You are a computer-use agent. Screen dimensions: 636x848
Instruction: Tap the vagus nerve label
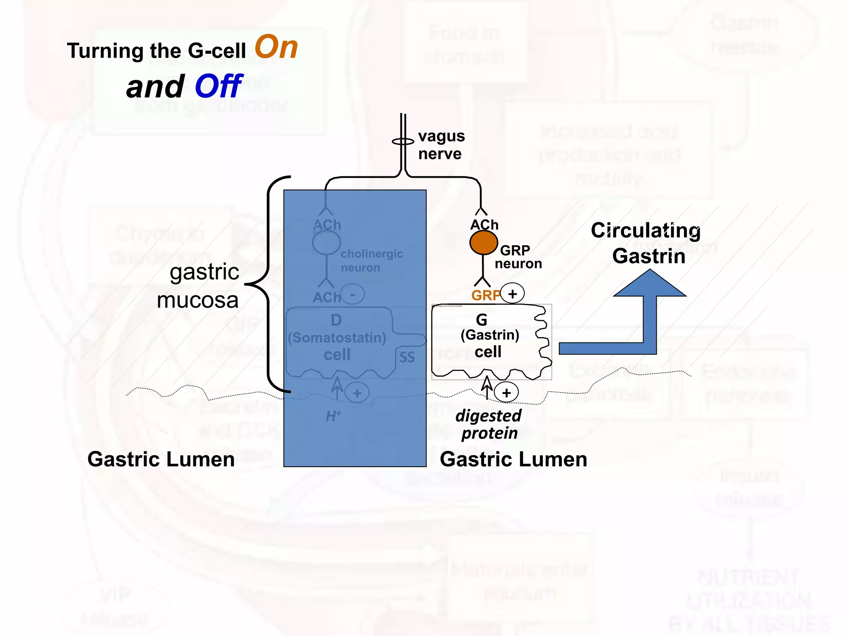click(x=441, y=145)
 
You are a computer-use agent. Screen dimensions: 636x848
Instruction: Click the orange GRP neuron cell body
click(x=483, y=242)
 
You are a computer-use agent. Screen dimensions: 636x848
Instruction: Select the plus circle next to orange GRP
click(x=513, y=294)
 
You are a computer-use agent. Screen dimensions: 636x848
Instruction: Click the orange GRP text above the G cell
click(x=486, y=295)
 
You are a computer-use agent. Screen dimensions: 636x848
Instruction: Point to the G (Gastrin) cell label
click(x=489, y=335)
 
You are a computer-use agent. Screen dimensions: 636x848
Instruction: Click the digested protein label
click(x=489, y=424)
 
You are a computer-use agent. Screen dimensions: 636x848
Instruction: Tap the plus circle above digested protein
click(x=506, y=393)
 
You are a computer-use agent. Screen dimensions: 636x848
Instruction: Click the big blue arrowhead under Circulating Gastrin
click(x=650, y=284)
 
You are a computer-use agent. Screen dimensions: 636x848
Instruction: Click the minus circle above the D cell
click(x=352, y=294)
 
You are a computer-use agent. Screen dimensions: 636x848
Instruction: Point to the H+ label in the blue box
click(x=333, y=416)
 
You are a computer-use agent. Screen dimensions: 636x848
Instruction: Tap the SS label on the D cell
click(x=407, y=357)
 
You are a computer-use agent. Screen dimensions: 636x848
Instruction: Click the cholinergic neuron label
click(x=371, y=260)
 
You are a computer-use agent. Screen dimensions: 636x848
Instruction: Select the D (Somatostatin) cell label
click(x=337, y=337)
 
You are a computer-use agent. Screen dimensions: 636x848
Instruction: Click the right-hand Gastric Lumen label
click(x=513, y=459)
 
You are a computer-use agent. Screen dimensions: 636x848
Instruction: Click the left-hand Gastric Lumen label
click(x=161, y=459)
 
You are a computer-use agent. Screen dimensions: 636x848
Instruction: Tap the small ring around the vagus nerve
click(x=403, y=142)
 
